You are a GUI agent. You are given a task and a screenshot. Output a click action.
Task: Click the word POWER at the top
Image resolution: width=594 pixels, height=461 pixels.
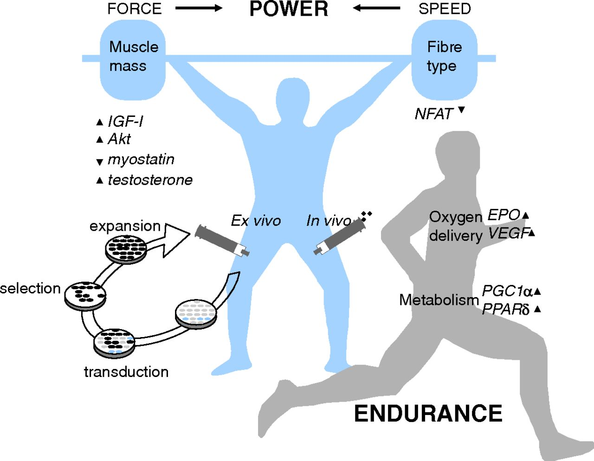pyautogui.click(x=289, y=9)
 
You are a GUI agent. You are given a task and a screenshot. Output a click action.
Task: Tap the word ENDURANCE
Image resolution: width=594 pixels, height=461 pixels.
pyautogui.click(x=428, y=413)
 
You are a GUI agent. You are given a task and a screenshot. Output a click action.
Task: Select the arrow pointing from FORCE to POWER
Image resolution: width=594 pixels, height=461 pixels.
pyautogui.click(x=199, y=8)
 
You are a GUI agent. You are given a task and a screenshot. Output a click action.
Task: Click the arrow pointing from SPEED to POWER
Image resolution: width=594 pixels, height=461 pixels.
pyautogui.click(x=376, y=8)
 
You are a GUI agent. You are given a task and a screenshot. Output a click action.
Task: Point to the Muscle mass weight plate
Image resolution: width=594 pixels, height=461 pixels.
pyautogui.click(x=133, y=59)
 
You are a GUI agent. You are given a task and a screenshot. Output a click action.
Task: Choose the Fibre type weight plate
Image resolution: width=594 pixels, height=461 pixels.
pyautogui.click(x=444, y=59)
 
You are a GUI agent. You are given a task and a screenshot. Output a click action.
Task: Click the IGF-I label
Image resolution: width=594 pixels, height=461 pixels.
pyautogui.click(x=125, y=122)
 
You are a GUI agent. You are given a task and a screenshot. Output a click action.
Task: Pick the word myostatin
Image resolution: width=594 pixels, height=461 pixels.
pyautogui.click(x=141, y=159)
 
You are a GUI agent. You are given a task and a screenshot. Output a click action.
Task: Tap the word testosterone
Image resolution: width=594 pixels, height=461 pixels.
pyautogui.click(x=150, y=180)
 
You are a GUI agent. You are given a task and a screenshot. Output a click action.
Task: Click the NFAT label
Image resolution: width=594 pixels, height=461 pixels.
pyautogui.click(x=434, y=114)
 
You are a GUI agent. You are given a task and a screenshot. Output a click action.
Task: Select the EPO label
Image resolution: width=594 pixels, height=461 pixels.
pyautogui.click(x=504, y=215)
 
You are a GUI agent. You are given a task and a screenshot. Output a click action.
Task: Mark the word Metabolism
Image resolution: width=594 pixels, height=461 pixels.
pyautogui.click(x=439, y=300)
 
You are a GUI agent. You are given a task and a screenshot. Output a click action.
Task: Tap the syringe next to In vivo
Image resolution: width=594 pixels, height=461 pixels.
pyautogui.click(x=338, y=236)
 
